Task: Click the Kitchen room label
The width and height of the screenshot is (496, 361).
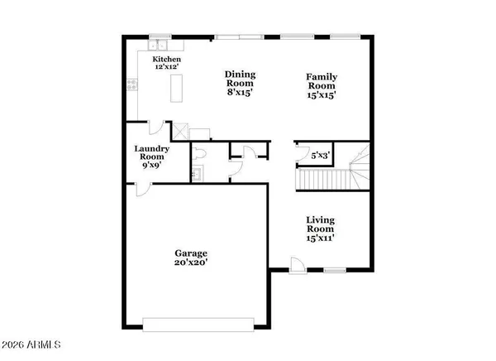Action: click(x=166, y=60)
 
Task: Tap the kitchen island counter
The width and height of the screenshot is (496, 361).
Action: click(x=176, y=88)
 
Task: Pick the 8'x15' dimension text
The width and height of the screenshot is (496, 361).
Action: click(x=241, y=94)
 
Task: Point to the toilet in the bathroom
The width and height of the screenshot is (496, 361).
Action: click(x=199, y=155)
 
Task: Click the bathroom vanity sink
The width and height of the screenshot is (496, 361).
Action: click(x=196, y=174)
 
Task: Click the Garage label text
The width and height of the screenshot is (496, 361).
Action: click(x=190, y=253)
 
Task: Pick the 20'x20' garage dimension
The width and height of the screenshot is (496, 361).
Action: click(x=190, y=263)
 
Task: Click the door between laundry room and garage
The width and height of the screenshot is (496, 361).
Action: click(x=143, y=188)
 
